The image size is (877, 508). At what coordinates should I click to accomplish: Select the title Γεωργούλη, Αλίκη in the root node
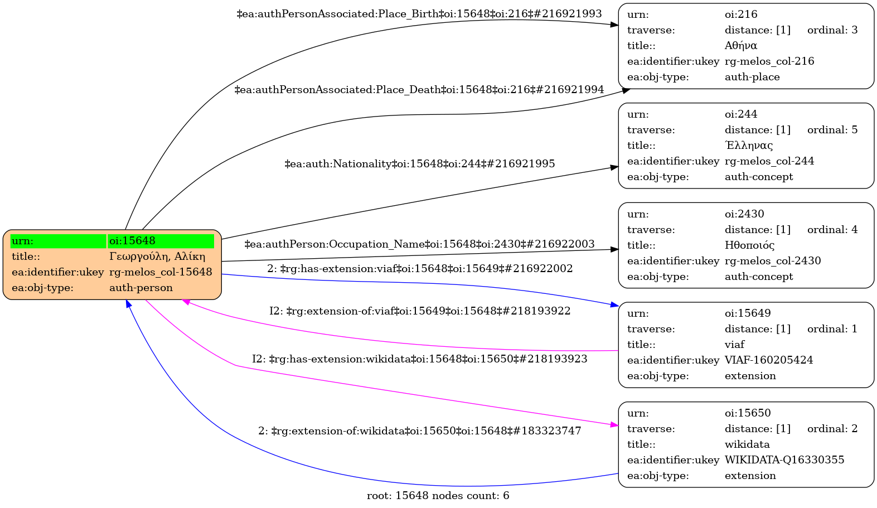(x=157, y=257)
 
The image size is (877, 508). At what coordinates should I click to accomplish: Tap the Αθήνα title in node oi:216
(x=741, y=46)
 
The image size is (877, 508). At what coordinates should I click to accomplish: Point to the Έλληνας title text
(x=749, y=146)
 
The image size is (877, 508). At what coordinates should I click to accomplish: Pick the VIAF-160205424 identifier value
(x=769, y=360)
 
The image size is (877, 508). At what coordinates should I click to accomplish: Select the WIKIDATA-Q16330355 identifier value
(x=784, y=460)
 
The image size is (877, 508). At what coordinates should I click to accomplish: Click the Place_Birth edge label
(x=419, y=14)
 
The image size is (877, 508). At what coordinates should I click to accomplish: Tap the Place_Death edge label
(x=419, y=90)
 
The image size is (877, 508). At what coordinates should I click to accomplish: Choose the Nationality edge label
(x=420, y=164)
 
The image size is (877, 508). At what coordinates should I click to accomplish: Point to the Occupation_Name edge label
(x=419, y=244)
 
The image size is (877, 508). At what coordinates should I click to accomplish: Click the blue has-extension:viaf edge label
(x=420, y=269)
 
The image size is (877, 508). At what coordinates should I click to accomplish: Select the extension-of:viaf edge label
(x=420, y=311)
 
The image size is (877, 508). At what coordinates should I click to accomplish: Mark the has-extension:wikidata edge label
(x=420, y=359)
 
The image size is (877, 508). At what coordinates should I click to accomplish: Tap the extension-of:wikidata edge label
(x=420, y=431)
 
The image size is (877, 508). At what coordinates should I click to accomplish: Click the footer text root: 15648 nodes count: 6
(x=438, y=496)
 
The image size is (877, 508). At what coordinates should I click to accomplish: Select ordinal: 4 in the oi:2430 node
(x=832, y=230)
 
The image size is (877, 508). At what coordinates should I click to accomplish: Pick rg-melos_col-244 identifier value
(x=769, y=161)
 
